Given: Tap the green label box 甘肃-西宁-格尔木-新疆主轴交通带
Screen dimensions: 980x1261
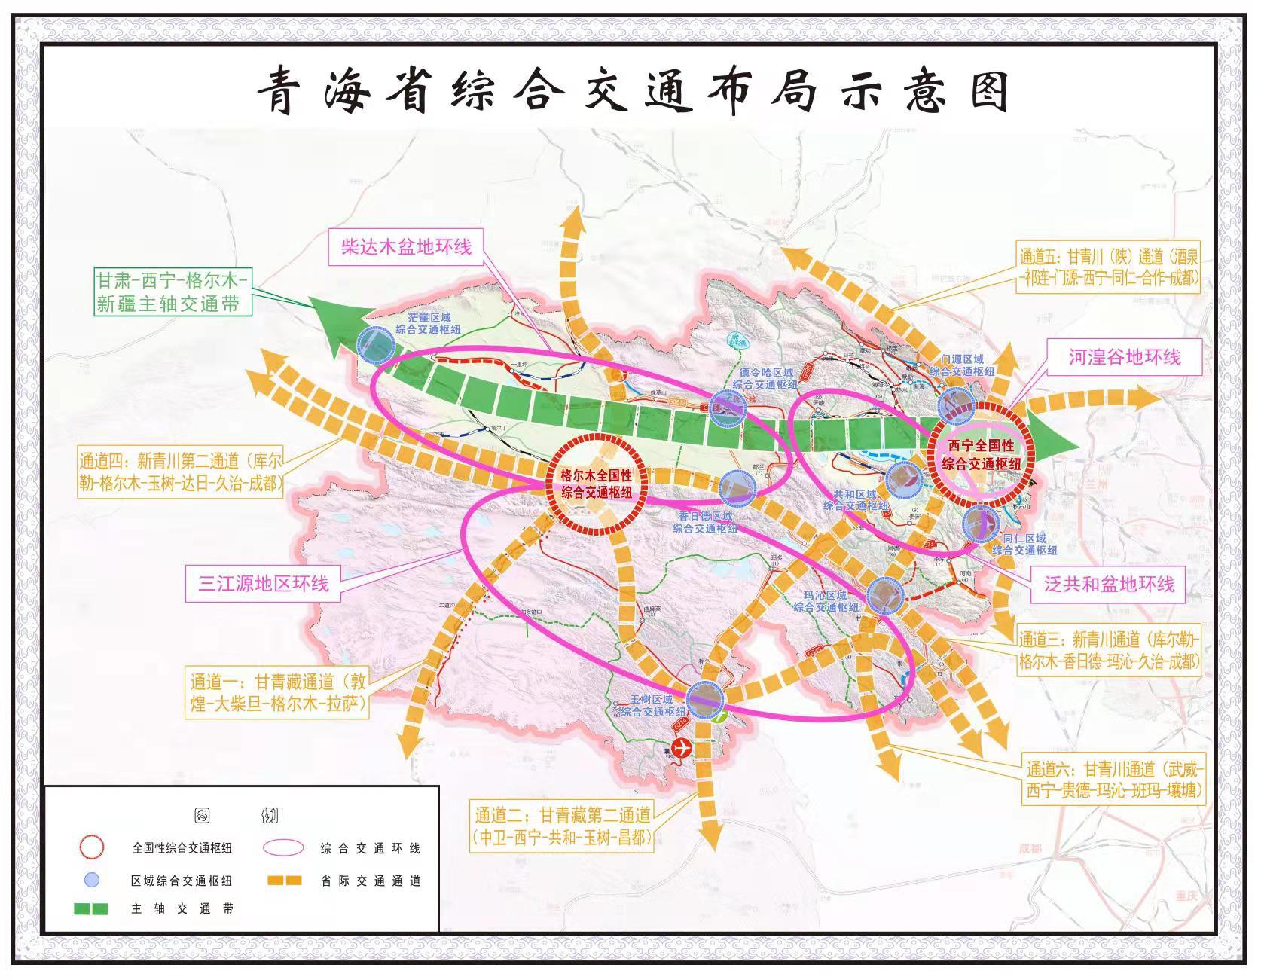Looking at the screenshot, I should point(172,292).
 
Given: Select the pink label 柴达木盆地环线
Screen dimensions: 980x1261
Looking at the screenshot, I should point(406,247).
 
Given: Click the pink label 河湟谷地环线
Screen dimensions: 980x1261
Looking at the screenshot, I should point(1124,357).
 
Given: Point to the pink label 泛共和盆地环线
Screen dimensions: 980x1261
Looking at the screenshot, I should point(1109,584).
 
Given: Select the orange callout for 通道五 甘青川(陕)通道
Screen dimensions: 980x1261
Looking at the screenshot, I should point(1109,267).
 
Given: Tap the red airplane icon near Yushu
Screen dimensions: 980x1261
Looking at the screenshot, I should point(682,748).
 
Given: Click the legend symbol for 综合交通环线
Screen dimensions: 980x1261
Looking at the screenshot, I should point(284,847).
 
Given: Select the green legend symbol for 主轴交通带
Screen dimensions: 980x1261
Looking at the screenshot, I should point(90,908).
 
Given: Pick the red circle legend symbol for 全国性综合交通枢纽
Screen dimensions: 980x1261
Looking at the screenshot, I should point(92,847).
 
